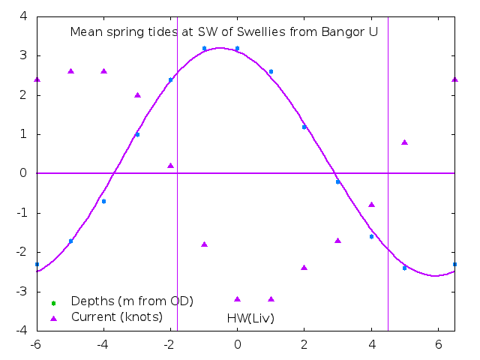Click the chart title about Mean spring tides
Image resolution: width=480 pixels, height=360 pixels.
point(223,32)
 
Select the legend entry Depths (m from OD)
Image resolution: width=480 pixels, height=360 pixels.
point(132,301)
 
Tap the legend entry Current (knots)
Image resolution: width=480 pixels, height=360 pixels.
point(116,316)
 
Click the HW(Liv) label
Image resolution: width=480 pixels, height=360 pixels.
point(250,318)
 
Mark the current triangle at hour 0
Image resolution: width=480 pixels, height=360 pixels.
point(237,299)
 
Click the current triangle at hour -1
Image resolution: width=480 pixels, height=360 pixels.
point(204,244)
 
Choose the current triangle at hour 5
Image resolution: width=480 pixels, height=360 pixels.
point(404,142)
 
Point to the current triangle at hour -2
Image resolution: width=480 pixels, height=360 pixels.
point(170,166)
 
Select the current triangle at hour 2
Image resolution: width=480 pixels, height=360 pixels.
point(304,268)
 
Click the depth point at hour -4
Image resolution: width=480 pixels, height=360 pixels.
point(103,201)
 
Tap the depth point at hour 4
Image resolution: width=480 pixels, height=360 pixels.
point(371,236)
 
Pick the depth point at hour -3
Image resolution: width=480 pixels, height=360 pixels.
point(137,134)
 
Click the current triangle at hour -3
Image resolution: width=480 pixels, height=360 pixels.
point(137,95)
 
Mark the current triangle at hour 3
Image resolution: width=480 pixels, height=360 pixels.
point(337,241)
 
